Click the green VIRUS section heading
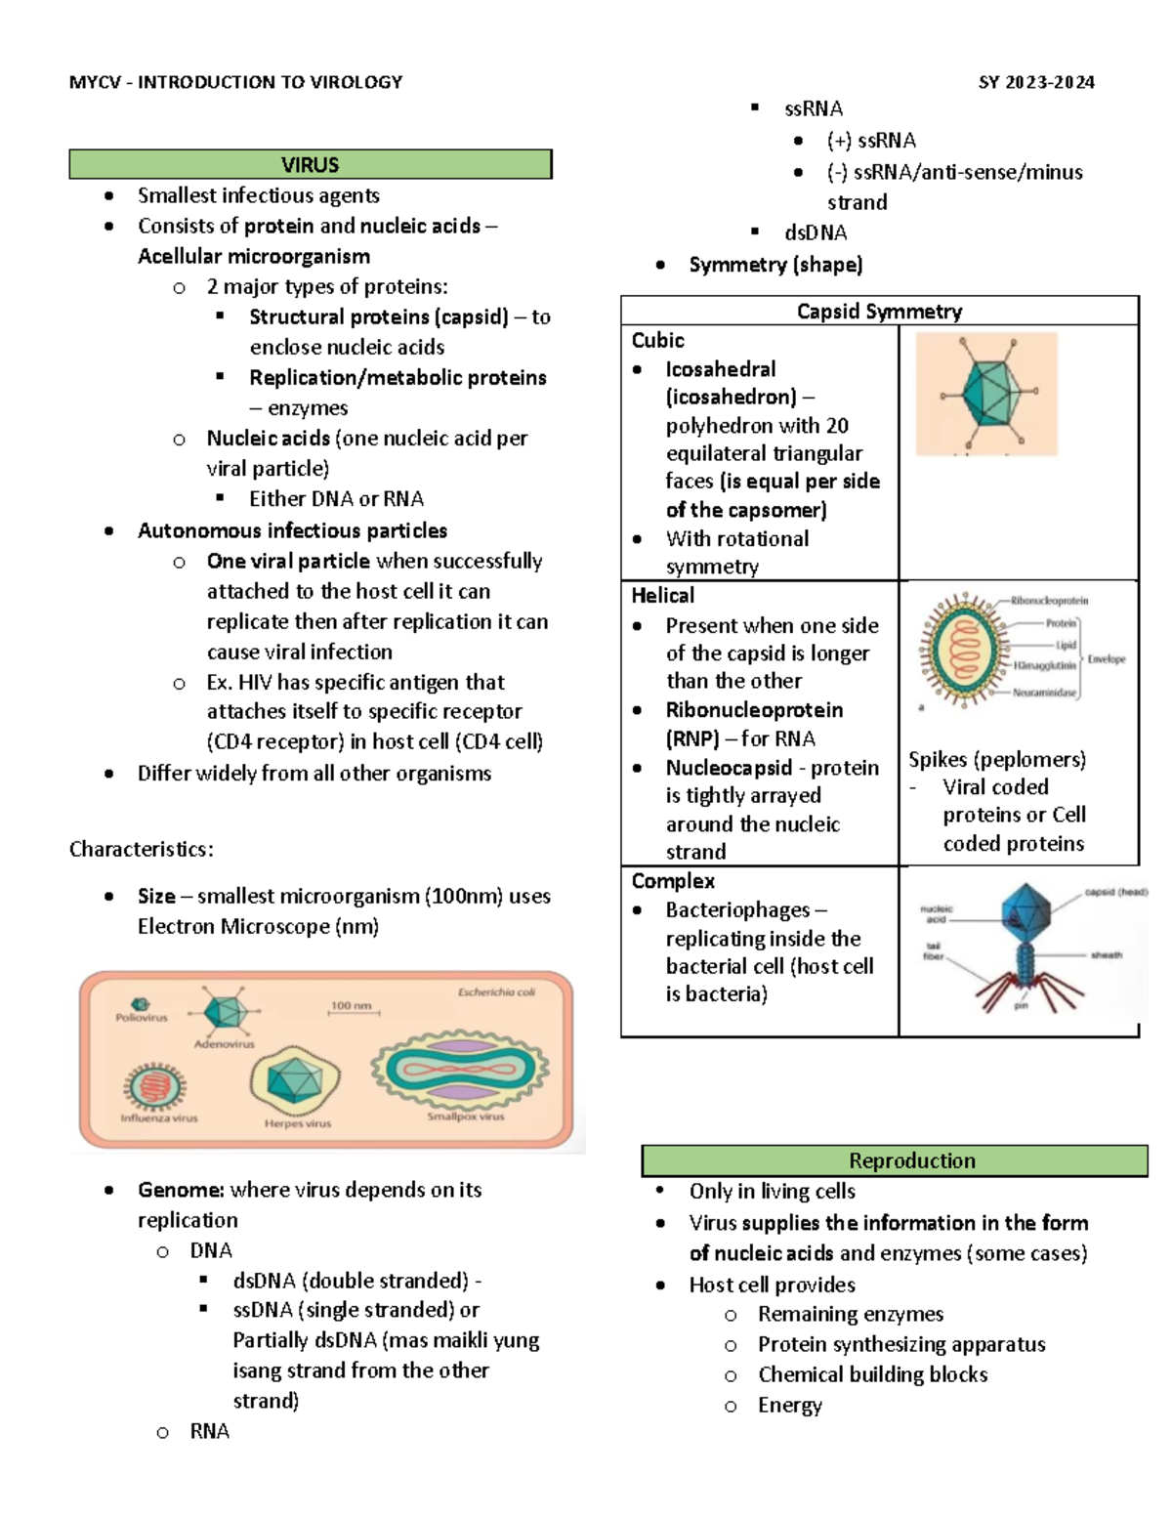click(310, 164)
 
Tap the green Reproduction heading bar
click(911, 1160)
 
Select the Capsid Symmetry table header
click(879, 311)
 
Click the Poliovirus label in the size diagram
click(142, 1017)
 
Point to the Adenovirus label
click(224, 1044)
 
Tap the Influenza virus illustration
click(154, 1085)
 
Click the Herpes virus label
click(298, 1123)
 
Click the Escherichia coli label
click(496, 992)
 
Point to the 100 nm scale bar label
click(352, 1005)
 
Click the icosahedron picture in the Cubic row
click(986, 394)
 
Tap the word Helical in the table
click(663, 595)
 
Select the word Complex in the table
click(673, 880)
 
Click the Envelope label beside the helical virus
click(1107, 659)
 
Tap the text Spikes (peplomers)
click(997, 759)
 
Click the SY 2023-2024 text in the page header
click(1036, 82)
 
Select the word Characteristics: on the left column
click(142, 849)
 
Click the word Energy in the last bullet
click(790, 1405)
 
